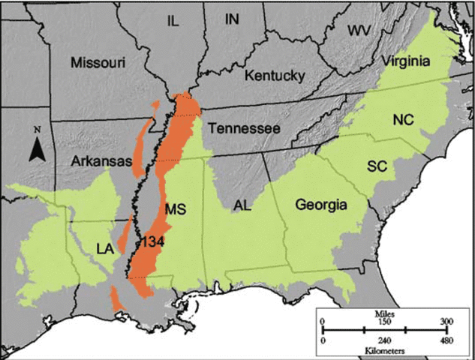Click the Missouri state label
[98, 62]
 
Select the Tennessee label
[244, 129]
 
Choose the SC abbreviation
[377, 166]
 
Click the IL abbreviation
[173, 22]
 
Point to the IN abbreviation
[235, 19]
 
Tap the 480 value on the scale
[446, 341]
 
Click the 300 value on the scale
[446, 321]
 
